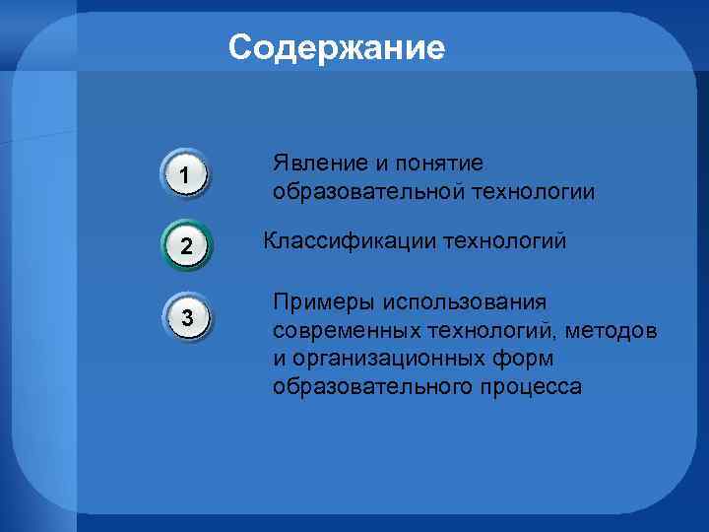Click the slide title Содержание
pyautogui.click(x=337, y=47)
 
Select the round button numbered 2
pyautogui.click(x=184, y=245)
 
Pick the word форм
pyautogui.click(x=528, y=358)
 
